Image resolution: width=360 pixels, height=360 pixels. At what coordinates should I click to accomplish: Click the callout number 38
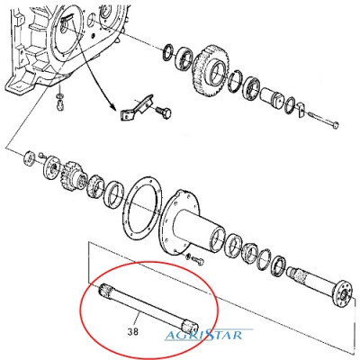tap(132, 332)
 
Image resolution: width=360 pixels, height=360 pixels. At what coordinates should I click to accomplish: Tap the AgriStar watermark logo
tap(204, 335)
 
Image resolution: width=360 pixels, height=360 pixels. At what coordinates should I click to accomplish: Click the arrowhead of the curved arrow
tap(113, 108)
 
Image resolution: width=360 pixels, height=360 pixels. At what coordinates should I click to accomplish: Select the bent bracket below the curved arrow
tap(137, 108)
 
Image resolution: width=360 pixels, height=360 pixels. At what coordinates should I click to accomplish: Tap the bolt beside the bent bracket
tap(164, 112)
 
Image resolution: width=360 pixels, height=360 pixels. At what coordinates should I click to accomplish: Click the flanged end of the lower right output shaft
tap(344, 292)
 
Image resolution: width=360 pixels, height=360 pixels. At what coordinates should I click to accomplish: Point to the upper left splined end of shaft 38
tap(103, 290)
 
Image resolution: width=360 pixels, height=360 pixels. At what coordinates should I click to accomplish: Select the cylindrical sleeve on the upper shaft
tap(273, 97)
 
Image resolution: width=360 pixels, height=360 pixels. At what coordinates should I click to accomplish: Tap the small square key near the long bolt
tap(301, 109)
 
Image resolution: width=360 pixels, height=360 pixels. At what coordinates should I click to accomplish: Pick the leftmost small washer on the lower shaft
tap(30, 158)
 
